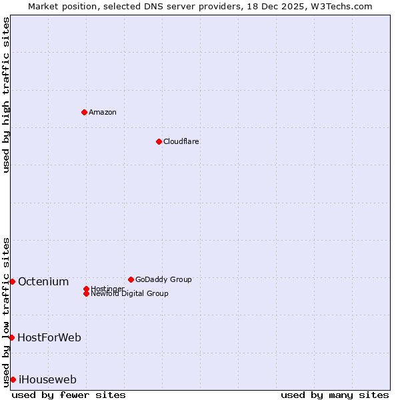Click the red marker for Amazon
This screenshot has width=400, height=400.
click(84, 112)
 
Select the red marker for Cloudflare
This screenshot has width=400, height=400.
click(159, 141)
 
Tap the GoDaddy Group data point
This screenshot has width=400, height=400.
click(131, 279)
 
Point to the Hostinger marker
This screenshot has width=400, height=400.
click(86, 289)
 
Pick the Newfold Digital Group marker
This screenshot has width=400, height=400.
click(86, 293)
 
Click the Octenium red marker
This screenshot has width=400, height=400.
click(12, 281)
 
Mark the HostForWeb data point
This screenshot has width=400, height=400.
click(11, 337)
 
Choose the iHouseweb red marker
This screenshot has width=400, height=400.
click(13, 379)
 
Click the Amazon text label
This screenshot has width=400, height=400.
click(103, 112)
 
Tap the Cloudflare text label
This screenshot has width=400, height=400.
click(181, 141)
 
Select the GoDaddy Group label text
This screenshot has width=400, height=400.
click(163, 279)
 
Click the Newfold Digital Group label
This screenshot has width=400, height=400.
click(129, 294)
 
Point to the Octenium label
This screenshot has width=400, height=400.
click(43, 281)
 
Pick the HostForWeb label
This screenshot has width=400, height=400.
click(49, 337)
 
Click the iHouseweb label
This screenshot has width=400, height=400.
click(47, 380)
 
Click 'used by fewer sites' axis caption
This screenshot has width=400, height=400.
click(69, 395)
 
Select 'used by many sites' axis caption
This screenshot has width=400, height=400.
click(335, 395)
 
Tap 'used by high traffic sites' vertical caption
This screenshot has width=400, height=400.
click(6, 95)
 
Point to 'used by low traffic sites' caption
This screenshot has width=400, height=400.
click(6, 312)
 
